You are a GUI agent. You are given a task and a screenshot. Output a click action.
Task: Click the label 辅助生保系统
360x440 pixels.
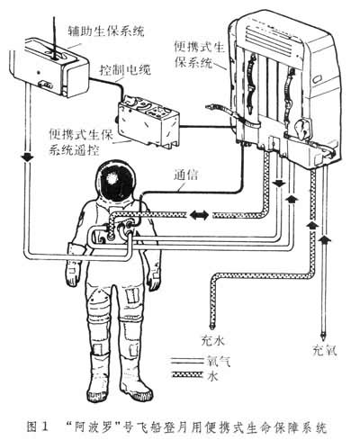106,31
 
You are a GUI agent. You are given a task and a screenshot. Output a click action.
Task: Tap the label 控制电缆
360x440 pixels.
125,70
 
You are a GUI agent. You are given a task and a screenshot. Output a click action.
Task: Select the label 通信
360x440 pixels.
185,175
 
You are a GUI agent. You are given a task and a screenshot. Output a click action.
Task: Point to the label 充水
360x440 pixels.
212,340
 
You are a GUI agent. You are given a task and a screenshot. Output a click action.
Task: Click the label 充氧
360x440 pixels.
325,350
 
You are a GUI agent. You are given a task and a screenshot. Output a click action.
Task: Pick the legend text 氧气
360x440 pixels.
219,362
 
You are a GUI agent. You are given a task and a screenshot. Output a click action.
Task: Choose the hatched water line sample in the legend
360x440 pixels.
185,374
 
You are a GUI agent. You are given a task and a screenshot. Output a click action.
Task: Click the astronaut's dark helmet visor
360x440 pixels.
115,181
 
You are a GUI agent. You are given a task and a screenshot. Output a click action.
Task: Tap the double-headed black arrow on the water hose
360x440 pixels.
200,215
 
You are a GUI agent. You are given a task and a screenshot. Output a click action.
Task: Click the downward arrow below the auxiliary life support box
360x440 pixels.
28,157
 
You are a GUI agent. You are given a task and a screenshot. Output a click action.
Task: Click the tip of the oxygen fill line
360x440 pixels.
323,338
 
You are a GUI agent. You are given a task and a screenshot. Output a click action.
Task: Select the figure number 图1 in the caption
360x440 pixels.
38,427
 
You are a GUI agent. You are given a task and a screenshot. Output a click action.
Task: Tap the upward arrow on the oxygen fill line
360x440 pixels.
323,239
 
